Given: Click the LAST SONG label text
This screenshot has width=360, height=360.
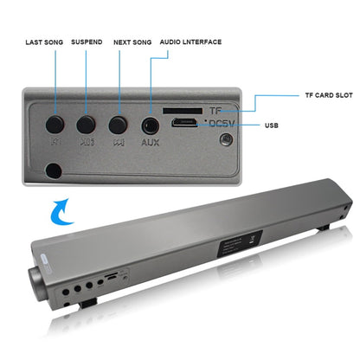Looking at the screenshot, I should tap(44, 42).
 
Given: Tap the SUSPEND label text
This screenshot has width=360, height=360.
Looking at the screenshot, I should tap(87, 42).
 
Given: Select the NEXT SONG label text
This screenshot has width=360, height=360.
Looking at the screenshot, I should tap(133, 42).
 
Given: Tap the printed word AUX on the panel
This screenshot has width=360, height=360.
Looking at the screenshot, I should tap(150, 142).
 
